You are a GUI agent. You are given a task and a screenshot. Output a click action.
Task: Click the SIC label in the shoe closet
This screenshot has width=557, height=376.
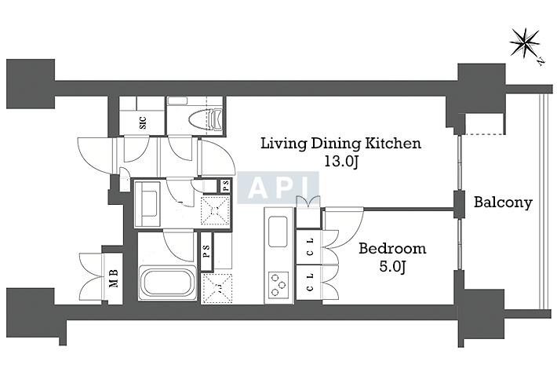coord(143,122)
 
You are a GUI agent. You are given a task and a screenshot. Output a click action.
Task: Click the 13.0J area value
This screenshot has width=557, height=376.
coord(341,162)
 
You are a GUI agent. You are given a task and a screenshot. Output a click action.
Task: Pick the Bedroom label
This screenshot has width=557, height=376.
coord(392,248)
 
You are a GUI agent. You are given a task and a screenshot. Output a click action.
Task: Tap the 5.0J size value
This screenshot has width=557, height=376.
coord(392,266)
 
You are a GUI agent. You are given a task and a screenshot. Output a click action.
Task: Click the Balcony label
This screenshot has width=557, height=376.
coord(503,203)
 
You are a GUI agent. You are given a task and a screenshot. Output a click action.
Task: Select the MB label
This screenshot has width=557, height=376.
coord(113,278)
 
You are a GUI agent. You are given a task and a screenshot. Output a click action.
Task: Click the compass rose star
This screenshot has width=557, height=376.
coord(524,43)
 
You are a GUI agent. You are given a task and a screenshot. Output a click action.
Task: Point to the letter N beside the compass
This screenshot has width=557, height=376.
coord(541,61)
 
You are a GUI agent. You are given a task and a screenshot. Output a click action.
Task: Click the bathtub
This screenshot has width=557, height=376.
coord(168,283)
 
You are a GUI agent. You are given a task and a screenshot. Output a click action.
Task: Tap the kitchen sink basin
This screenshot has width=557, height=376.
coord(278,232)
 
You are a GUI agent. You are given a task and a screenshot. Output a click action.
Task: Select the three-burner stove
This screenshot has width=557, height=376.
coord(278,284)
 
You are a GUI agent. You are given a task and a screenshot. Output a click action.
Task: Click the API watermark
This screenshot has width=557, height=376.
coord(278,188)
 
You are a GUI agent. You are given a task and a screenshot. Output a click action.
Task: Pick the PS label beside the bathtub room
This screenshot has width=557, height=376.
coord(206,251)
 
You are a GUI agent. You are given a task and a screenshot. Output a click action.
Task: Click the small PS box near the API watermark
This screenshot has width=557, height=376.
coord(226,186)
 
